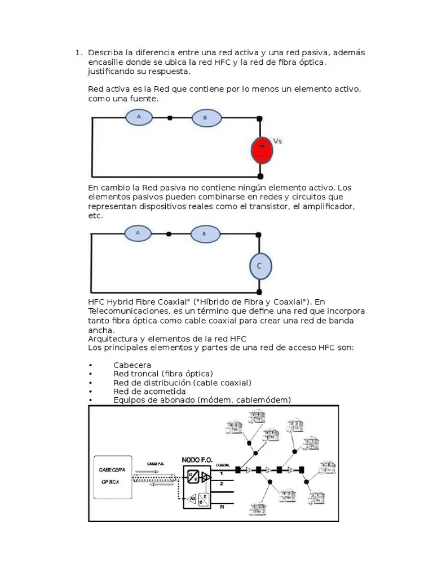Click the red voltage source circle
point(262,149)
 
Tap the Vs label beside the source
point(277,141)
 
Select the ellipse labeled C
point(260,267)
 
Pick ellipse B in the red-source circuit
point(205,118)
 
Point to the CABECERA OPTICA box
point(113,476)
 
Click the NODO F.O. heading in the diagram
point(197,460)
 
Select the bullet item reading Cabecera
point(132,365)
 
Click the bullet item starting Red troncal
point(163,374)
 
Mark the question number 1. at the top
point(78,52)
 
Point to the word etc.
point(95,216)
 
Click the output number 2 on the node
point(221,483)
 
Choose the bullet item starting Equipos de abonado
point(202,400)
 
